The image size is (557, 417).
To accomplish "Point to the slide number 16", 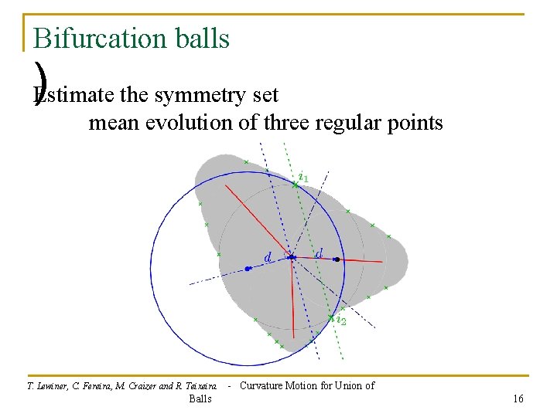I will coord(518,398).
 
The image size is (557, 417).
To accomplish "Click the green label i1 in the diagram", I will coord(303,178).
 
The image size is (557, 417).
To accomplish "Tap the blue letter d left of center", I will coord(268,256).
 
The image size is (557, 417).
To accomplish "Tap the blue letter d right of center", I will coord(318,253).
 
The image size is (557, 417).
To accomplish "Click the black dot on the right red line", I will coord(337,260).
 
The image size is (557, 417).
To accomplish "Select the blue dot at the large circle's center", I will coord(247,269).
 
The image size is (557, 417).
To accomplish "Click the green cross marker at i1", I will coord(295,185).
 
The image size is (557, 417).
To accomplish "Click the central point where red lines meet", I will coord(292,258).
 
